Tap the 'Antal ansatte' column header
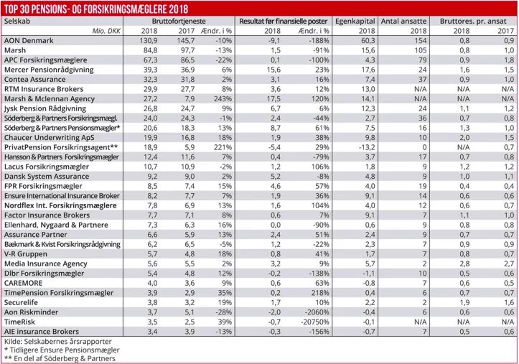point(406,23)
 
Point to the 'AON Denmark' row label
point(29,42)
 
